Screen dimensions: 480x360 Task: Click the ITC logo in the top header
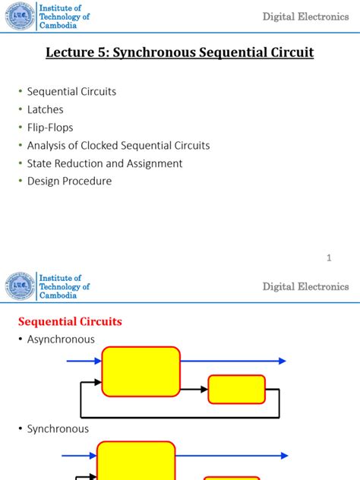21,16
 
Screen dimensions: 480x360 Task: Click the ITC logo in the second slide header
21,286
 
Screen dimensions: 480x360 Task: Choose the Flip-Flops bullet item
50,128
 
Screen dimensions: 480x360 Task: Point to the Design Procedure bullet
69,182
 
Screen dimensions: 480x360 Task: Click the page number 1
329,258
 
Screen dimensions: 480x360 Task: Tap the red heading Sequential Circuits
70,321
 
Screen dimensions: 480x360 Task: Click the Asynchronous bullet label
61,339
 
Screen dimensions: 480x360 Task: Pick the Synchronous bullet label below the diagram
58,429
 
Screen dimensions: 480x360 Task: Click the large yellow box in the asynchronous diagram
141,371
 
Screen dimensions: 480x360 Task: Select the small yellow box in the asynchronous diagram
236,389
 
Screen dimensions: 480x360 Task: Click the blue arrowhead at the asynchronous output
281,362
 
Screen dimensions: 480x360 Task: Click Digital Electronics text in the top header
305,17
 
